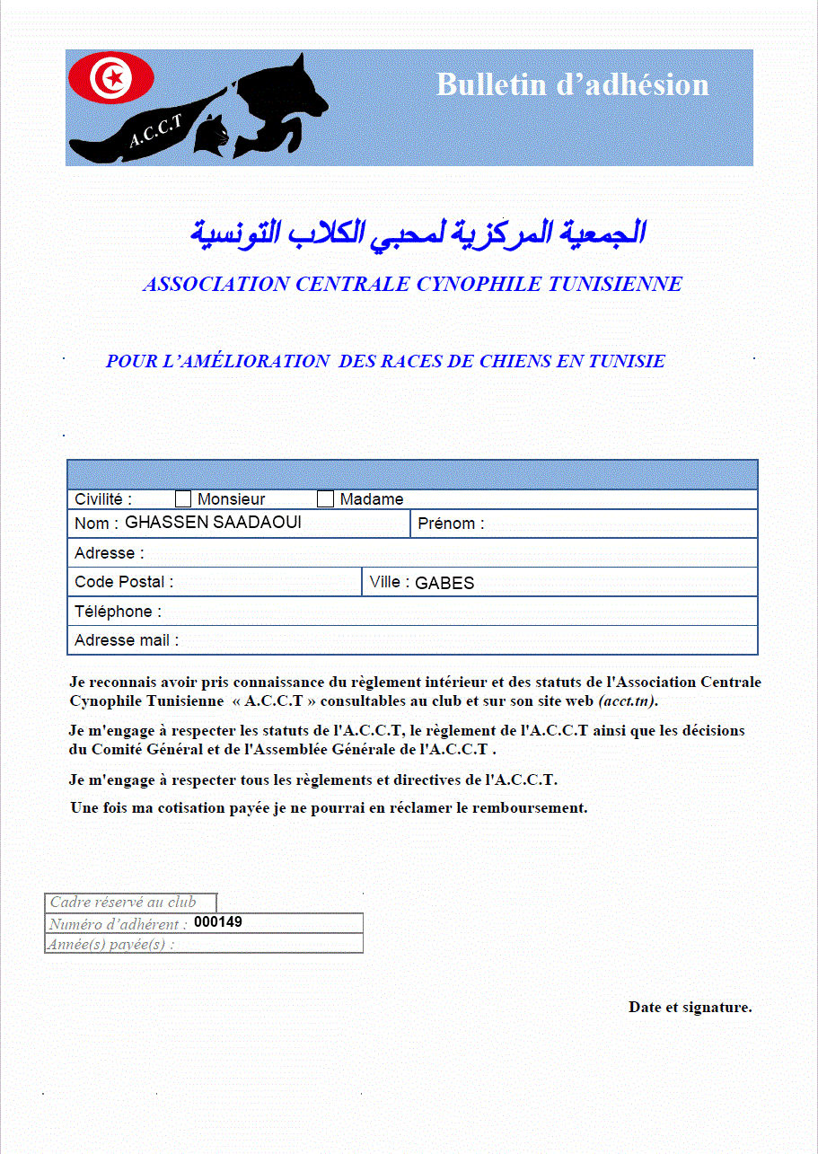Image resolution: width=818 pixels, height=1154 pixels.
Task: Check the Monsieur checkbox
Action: pyautogui.click(x=183, y=499)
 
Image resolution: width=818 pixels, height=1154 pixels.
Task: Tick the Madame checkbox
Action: pyautogui.click(x=325, y=499)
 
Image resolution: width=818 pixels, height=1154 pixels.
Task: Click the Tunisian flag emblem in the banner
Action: pyautogui.click(x=112, y=77)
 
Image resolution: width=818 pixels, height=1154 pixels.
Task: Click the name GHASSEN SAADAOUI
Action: pyautogui.click(x=212, y=523)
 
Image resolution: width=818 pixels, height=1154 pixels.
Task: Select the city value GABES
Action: pyautogui.click(x=444, y=583)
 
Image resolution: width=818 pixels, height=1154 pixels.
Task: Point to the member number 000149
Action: pyautogui.click(x=218, y=922)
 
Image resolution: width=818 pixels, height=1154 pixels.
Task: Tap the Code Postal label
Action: pyautogui.click(x=124, y=582)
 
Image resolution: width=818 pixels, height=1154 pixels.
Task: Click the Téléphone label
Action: pyautogui.click(x=118, y=612)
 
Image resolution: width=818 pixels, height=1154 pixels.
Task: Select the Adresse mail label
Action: pyautogui.click(x=127, y=640)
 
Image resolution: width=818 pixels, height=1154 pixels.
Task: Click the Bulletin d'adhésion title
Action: pyautogui.click(x=572, y=84)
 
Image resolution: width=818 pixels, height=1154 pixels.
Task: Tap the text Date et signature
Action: pyautogui.click(x=690, y=1008)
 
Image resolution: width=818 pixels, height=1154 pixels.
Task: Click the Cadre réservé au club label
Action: pyautogui.click(x=122, y=903)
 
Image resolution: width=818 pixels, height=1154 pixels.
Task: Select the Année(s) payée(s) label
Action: pyautogui.click(x=111, y=944)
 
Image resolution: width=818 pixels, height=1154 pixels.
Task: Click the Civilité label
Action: pyautogui.click(x=103, y=499)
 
